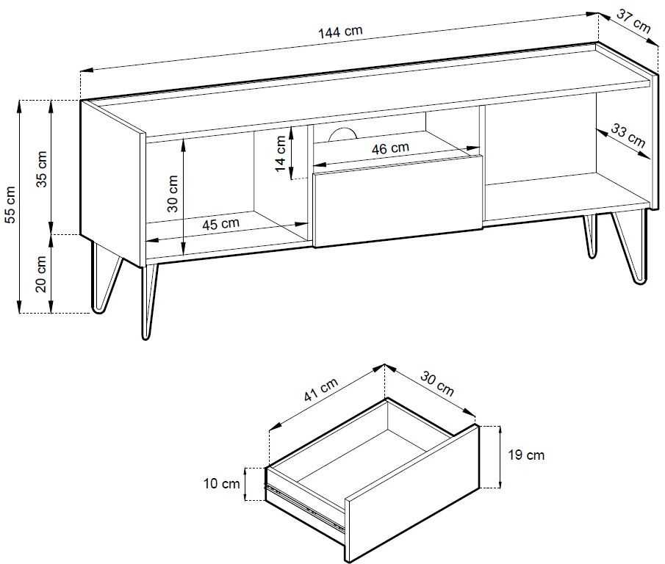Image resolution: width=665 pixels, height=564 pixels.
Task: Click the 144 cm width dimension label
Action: [x=340, y=32]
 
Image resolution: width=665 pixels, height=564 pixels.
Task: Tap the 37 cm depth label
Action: [x=633, y=21]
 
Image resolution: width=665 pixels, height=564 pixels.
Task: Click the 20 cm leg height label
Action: [x=41, y=274]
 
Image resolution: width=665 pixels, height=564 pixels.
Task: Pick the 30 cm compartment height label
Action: [x=173, y=194]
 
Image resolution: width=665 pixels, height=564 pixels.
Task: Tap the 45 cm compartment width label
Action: [x=220, y=224]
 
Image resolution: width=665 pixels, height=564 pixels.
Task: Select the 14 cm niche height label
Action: [x=281, y=153]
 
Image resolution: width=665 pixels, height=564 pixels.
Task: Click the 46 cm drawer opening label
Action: [x=390, y=148]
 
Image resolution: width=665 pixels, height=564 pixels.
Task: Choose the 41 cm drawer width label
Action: [x=321, y=389]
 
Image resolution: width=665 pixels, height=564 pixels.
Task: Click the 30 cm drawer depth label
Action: [x=437, y=383]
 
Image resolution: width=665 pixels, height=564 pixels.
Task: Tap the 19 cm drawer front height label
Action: [x=526, y=455]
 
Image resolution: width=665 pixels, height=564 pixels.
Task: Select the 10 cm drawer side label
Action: [x=222, y=483]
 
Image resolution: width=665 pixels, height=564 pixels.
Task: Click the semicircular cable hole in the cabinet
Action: [x=342, y=134]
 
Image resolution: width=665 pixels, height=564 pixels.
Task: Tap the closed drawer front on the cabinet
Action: [x=398, y=202]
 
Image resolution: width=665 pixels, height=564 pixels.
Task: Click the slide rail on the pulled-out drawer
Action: [x=304, y=507]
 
